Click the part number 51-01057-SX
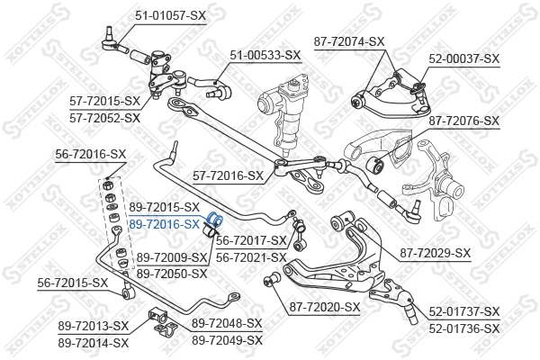pos(171,13)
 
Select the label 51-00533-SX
pos(265,55)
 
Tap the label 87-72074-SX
pos(374,41)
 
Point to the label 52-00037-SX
pos(463,58)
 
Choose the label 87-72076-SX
pos(463,121)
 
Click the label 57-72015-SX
pos(105,101)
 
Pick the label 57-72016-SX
pos(229,175)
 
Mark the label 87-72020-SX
pos(324,307)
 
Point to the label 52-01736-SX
pos(463,328)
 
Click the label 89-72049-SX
pos(227,340)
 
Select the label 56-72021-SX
pos(251,256)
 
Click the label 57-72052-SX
pos(105,117)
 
